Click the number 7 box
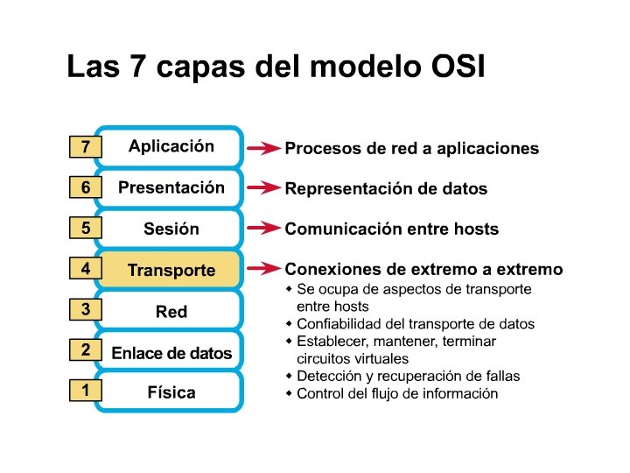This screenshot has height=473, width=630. (85, 148)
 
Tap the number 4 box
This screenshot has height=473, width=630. (85, 269)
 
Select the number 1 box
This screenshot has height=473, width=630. (85, 392)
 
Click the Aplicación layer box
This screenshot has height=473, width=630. (171, 146)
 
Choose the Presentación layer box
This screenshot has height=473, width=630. (171, 187)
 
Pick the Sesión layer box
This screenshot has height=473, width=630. (171, 229)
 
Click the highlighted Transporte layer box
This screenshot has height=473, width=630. (171, 271)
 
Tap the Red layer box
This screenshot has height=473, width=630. (171, 311)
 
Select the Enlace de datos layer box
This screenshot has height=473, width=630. (171, 353)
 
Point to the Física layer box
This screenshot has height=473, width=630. (171, 392)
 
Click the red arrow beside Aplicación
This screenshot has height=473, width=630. (262, 149)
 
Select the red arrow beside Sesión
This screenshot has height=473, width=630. (262, 229)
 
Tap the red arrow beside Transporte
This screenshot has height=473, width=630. (262, 269)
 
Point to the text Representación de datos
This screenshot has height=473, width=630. (386, 189)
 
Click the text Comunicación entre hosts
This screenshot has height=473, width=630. (391, 229)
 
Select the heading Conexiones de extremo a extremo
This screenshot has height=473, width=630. (423, 269)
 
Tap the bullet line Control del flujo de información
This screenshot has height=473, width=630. (397, 393)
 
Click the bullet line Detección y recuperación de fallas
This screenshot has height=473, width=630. (408, 376)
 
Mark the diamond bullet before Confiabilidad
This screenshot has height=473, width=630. (290, 323)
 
